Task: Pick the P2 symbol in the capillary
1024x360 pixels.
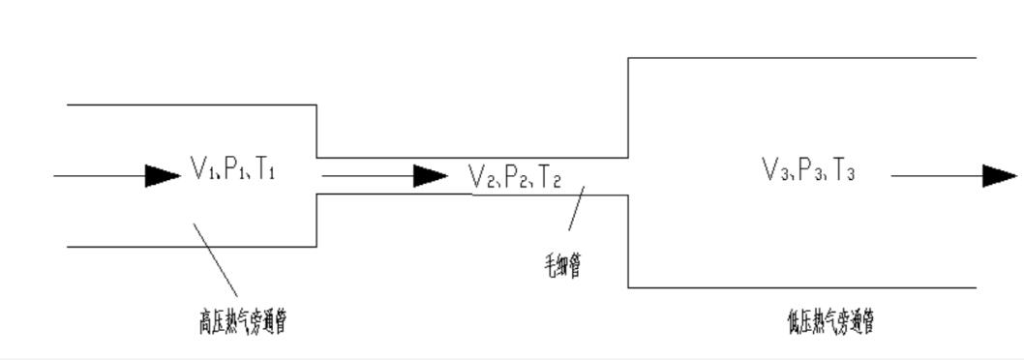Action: pyautogui.click(x=514, y=176)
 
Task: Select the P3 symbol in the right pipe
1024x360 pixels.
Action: pyautogui.click(x=807, y=171)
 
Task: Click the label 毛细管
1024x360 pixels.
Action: pyautogui.click(x=562, y=264)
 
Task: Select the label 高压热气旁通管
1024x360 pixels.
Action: pyautogui.click(x=242, y=321)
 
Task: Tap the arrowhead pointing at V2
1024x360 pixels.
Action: pyautogui.click(x=430, y=175)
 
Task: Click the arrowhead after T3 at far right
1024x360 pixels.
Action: pyautogui.click(x=999, y=175)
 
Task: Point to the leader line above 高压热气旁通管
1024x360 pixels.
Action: pyautogui.click(x=216, y=259)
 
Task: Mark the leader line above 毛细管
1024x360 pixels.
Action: pyautogui.click(x=576, y=208)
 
